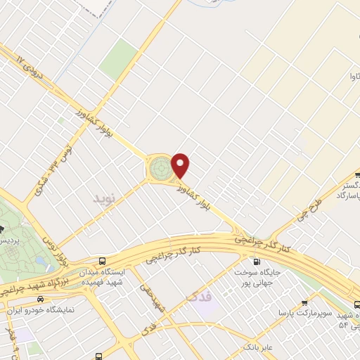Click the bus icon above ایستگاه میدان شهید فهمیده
tap(103, 259)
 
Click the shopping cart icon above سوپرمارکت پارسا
tap(304, 298)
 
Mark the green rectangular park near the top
tap(118, 59)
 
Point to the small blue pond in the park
tap(44, 262)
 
